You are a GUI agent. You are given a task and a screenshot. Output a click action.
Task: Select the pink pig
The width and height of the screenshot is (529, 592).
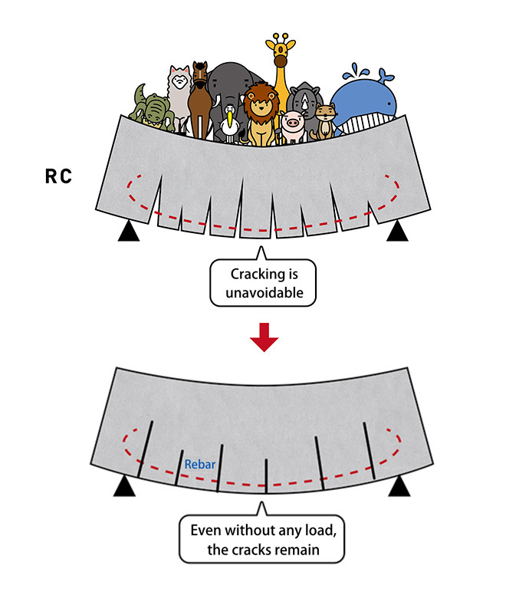click(293, 125)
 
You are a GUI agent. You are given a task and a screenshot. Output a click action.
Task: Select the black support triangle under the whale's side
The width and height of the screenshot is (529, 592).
click(397, 230)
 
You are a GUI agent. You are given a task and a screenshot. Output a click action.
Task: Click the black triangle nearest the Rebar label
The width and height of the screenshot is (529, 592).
click(123, 486)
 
